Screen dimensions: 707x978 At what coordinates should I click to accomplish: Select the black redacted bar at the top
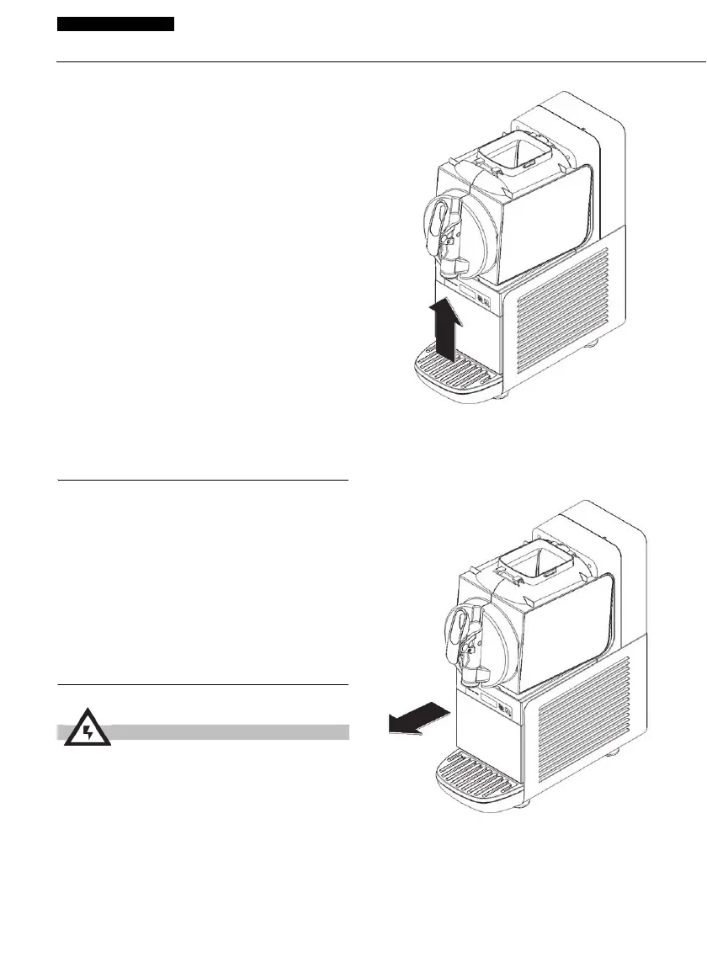click(115, 24)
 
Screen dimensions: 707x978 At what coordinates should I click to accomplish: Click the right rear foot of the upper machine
click(593, 343)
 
